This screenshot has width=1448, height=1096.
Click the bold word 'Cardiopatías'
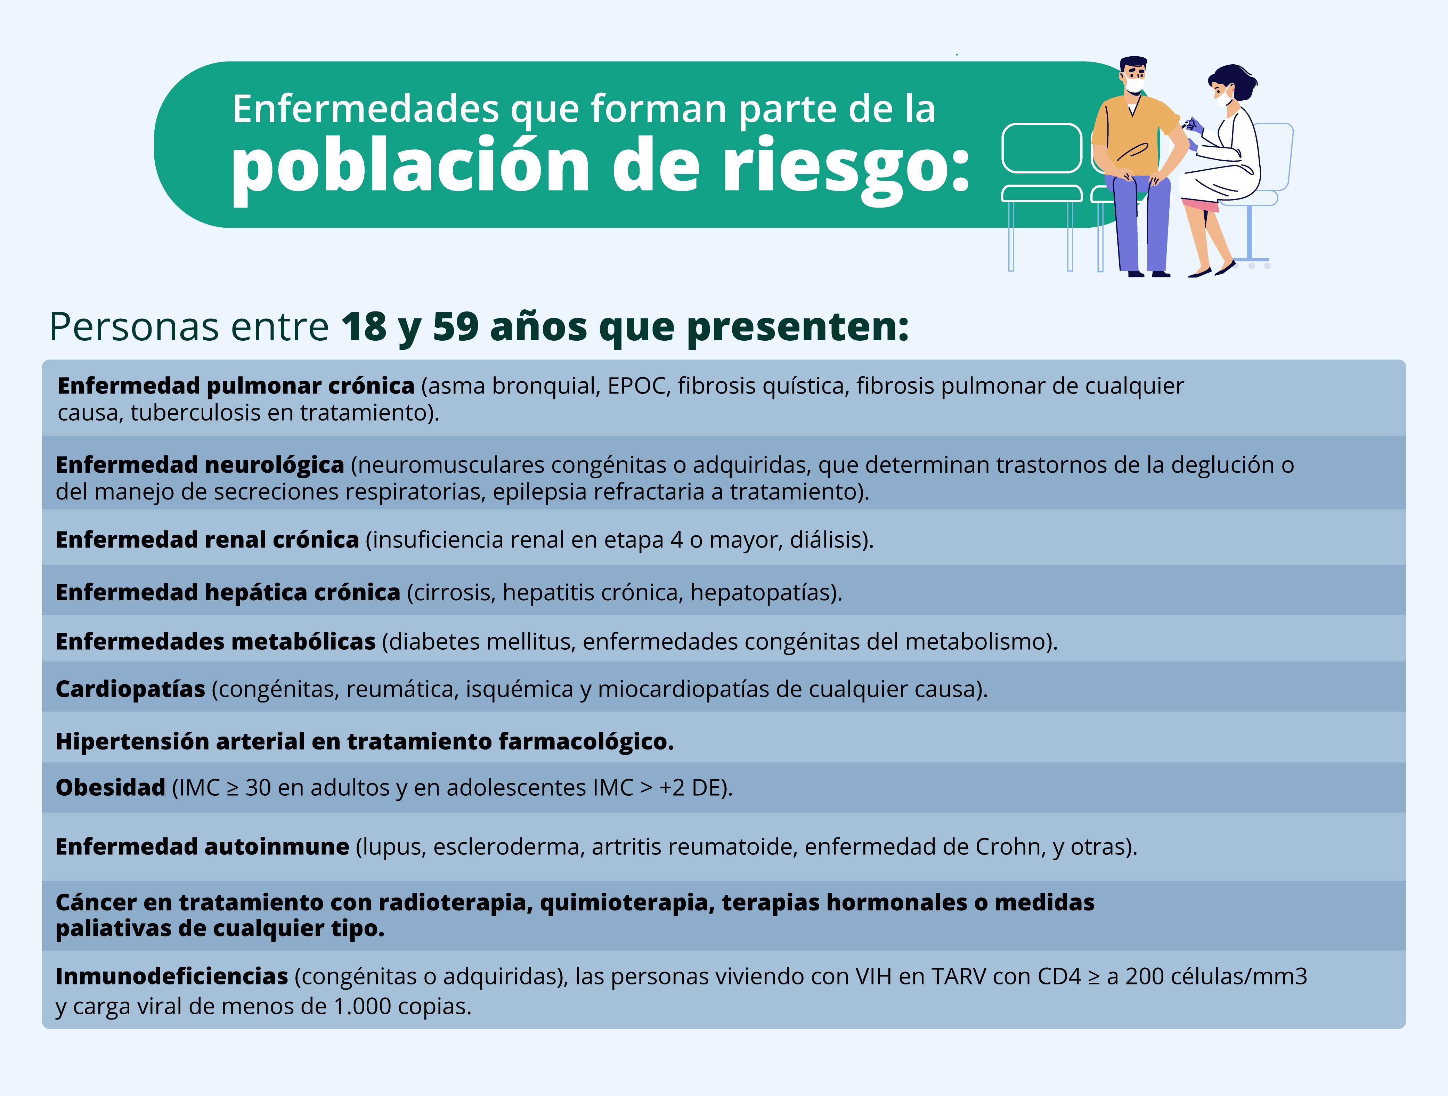click(130, 689)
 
